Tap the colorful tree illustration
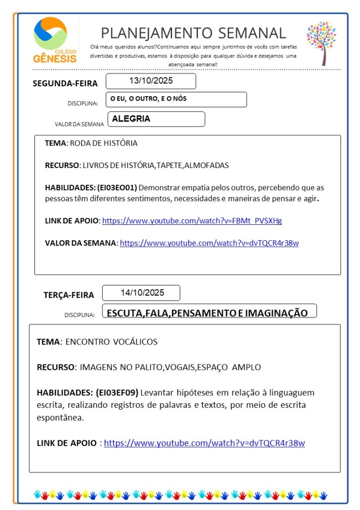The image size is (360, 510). click(321, 42)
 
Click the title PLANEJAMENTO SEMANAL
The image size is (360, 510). click(193, 33)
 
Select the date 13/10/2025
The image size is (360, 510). click(151, 81)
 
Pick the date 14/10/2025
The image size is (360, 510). click(142, 293)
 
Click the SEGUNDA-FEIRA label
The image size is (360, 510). click(65, 83)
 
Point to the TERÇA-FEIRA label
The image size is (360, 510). click(68, 295)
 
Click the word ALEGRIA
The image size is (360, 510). click(131, 119)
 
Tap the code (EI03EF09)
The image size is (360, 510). click(117, 392)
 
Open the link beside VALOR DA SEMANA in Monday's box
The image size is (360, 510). click(209, 243)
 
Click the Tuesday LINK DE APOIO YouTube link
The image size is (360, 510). click(204, 443)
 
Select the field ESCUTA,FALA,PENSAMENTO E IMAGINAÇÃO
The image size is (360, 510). click(207, 313)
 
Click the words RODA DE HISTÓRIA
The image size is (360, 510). click(103, 144)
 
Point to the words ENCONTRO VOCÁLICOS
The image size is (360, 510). click(111, 342)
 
